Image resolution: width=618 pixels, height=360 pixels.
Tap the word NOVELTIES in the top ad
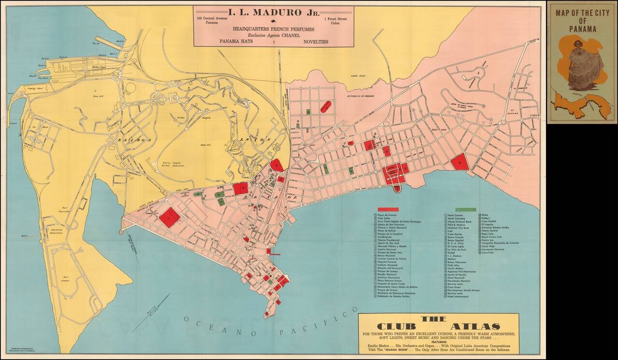tap(316, 42)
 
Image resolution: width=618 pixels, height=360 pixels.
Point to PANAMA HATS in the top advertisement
tap(236, 42)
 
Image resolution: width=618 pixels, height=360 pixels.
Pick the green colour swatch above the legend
tap(466, 209)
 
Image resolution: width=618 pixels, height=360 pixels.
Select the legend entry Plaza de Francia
tap(389, 215)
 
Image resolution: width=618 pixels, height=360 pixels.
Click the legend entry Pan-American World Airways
tap(463, 290)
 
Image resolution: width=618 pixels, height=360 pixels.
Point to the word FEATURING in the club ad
tap(438, 341)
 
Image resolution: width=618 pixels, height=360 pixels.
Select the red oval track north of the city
tap(326, 107)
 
